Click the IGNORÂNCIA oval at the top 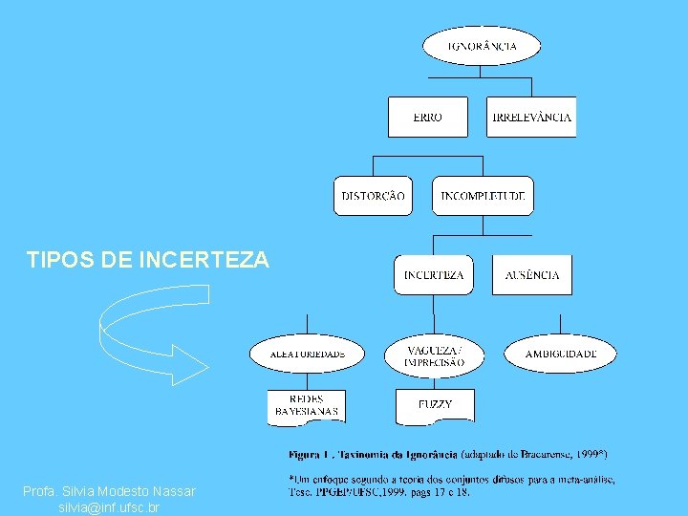(x=483, y=45)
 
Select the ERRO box (x=427, y=117)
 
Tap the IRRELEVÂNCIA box (x=531, y=117)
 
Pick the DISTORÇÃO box (x=373, y=196)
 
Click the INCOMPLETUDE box (x=483, y=196)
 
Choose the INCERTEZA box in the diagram (x=433, y=274)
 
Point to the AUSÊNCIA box (x=532, y=274)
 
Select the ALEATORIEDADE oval (x=307, y=354)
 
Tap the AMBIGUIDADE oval (x=560, y=354)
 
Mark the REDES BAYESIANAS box (x=306, y=404)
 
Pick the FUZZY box (x=434, y=404)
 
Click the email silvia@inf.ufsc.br (x=109, y=507)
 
